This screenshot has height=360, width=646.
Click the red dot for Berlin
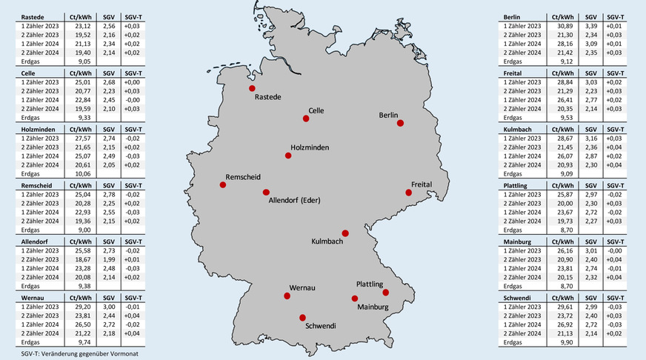point(400,124)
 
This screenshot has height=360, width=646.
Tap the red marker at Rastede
point(252,88)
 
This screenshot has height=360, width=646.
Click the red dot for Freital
point(408,193)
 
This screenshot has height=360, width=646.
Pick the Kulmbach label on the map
point(327,241)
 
